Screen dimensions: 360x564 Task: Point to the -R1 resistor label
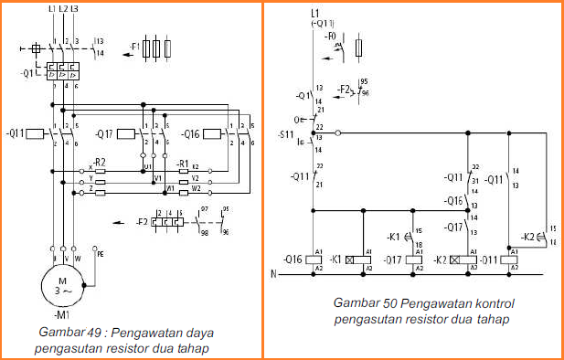(x=183, y=164)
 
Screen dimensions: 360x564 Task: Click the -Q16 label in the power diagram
(x=190, y=133)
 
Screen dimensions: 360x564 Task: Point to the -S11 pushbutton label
(x=285, y=136)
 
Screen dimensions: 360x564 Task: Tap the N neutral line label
(x=273, y=273)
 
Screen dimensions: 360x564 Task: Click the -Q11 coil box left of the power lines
(x=33, y=133)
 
